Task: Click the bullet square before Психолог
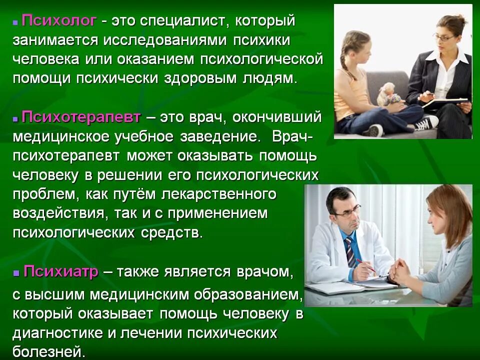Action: coord(16,23)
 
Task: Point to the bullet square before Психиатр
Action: coord(16,273)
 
